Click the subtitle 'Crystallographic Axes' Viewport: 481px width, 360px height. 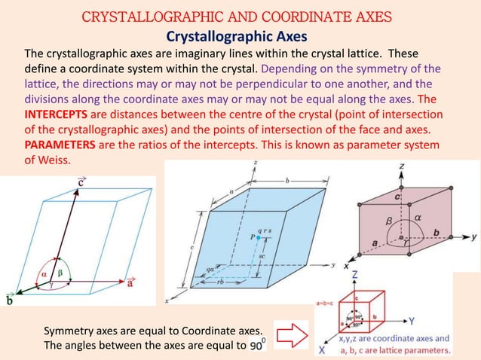(x=240, y=36)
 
